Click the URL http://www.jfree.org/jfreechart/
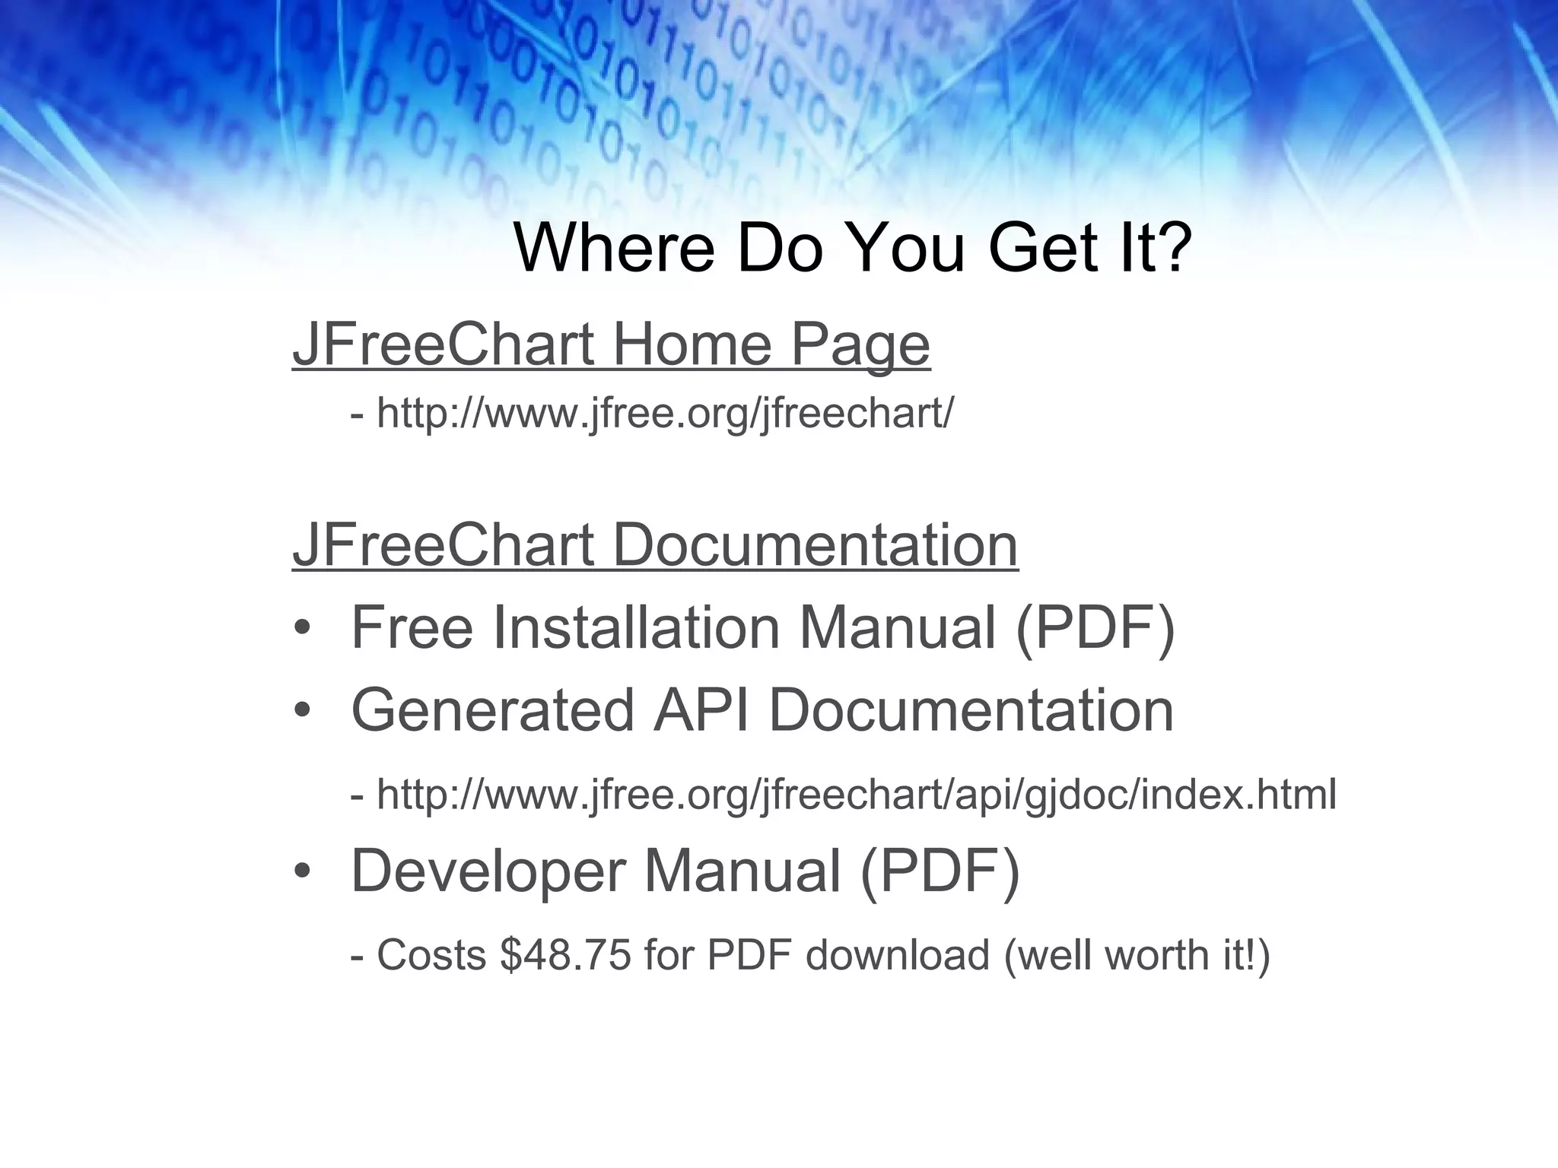[664, 414]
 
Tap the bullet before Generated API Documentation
[302, 711]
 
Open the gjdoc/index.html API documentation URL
[856, 795]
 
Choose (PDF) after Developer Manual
[940, 871]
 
